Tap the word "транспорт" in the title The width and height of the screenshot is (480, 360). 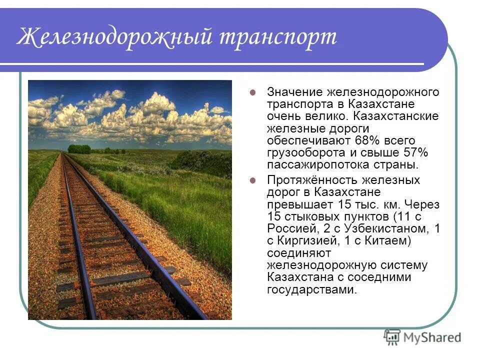278,37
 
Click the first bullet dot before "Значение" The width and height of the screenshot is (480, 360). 253,92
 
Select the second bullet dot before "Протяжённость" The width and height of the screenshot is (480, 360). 253,180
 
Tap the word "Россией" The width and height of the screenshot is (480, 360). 291,228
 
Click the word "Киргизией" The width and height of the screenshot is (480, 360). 309,241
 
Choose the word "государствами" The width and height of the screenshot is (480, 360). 312,290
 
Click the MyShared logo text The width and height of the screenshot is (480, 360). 432,337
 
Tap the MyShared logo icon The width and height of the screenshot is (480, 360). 392,336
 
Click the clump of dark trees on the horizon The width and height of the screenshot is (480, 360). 79,149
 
